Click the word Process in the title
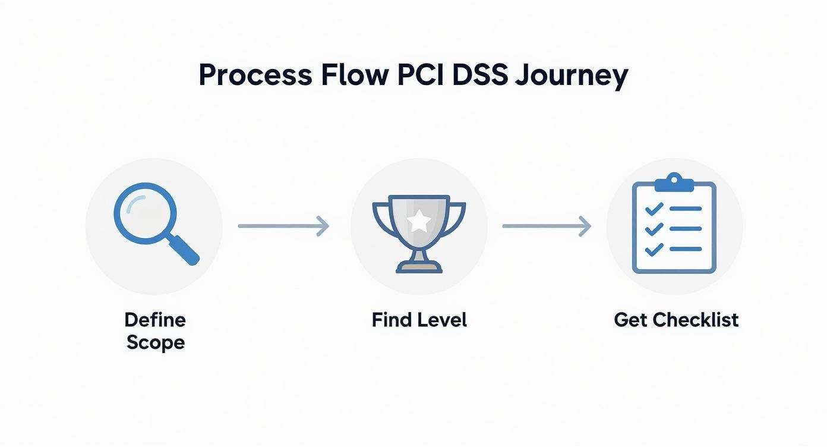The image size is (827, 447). [x=255, y=75]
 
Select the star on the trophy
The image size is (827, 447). [x=419, y=222]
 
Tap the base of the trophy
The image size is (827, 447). [x=419, y=267]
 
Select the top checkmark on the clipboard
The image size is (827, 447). [x=654, y=209]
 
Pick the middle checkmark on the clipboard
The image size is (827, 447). [x=654, y=229]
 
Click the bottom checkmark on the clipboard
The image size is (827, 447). [x=654, y=249]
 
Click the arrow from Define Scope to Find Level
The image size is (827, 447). [x=283, y=226]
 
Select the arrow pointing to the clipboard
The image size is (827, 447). [x=547, y=226]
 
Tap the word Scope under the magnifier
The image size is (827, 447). [x=155, y=343]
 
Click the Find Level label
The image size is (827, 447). [x=419, y=320]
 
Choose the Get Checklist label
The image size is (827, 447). [x=676, y=320]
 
